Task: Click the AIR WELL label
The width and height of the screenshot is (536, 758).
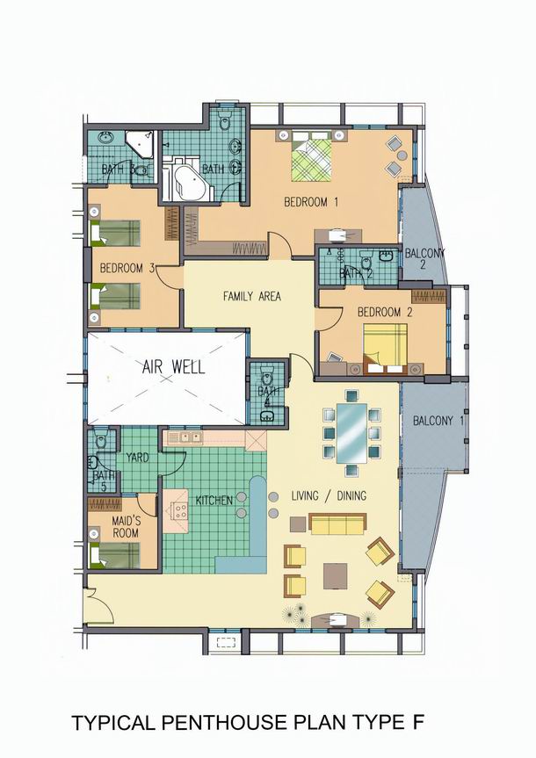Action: [173, 366]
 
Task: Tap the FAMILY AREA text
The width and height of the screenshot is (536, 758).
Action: [251, 296]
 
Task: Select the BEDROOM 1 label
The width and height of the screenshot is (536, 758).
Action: [311, 202]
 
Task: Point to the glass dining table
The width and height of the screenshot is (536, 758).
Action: [351, 433]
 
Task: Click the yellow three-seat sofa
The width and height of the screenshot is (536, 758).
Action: [337, 523]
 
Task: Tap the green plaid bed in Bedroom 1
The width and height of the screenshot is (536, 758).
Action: [312, 161]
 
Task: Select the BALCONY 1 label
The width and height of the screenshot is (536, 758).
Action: [438, 421]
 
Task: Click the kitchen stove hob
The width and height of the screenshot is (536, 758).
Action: [177, 511]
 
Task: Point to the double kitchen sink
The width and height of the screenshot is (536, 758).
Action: [190, 437]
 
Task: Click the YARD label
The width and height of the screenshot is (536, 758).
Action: [137, 457]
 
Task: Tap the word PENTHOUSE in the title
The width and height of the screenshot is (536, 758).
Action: [223, 723]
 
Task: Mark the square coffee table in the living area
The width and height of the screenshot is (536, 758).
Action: [336, 576]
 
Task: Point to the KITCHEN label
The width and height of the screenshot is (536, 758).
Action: [214, 500]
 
